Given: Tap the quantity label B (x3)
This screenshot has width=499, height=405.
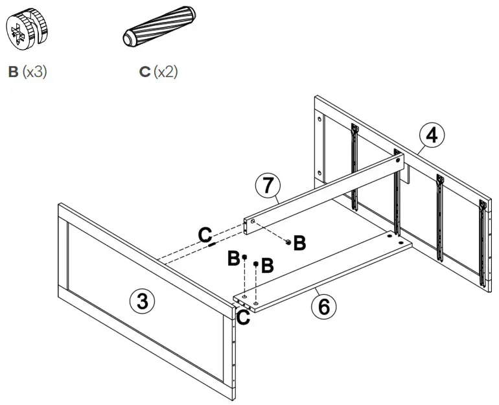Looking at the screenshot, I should [x=27, y=71].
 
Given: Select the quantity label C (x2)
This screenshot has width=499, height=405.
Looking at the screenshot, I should [x=158, y=71].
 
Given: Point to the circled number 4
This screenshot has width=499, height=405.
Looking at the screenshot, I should [x=432, y=136].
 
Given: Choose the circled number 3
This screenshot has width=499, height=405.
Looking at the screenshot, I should [x=143, y=301].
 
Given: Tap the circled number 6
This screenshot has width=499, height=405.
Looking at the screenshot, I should [x=323, y=305].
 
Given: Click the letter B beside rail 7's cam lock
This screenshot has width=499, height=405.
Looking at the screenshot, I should [x=299, y=244].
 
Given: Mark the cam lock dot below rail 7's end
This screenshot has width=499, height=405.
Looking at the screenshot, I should [x=288, y=241].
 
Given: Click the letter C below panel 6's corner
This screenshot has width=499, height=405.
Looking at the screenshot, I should [x=244, y=318].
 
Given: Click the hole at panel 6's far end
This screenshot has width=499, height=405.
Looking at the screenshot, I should [x=389, y=238].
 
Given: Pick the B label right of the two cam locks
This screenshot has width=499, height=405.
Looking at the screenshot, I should [x=267, y=265].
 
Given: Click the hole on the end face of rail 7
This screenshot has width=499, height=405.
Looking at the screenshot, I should [x=248, y=225].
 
